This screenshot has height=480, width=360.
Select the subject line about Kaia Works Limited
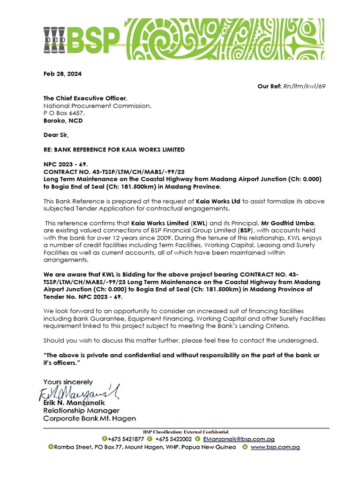tap(114, 150)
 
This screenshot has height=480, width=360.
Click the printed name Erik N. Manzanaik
tap(74, 403)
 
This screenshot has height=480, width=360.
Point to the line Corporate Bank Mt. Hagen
tap(90, 418)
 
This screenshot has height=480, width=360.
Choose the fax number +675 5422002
tap(173, 439)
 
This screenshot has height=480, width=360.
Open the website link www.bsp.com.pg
tap(275, 447)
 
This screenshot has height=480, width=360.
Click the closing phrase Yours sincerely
tap(68, 382)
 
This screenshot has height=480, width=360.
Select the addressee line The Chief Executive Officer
tap(85, 98)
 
